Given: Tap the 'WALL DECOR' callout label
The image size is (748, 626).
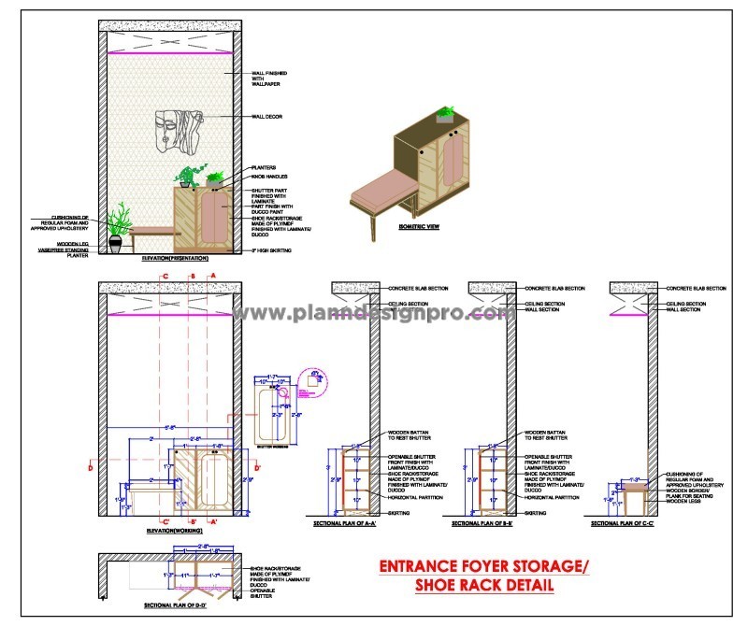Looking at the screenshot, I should pos(268,117).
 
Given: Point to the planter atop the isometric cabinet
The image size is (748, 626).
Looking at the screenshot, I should pos(446,115).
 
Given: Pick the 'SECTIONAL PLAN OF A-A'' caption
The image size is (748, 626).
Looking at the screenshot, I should pos(345,525).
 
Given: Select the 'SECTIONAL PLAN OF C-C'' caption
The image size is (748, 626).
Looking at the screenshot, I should pos(622,525).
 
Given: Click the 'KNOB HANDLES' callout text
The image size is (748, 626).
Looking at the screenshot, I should pos(269,177).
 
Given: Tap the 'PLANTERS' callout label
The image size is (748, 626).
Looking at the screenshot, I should pos(263,167).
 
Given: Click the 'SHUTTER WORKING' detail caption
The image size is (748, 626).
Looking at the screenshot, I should pos(271,447).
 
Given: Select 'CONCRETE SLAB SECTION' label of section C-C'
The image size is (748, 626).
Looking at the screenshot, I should pos(696,290).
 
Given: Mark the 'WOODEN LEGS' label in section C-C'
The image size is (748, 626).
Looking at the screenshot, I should pos(684,503).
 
